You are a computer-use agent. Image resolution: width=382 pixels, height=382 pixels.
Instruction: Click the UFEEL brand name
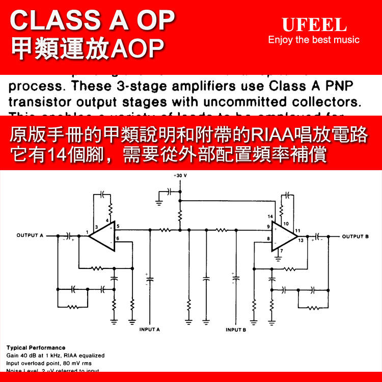[314, 24]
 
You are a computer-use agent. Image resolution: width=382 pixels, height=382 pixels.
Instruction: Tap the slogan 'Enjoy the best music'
[314, 40]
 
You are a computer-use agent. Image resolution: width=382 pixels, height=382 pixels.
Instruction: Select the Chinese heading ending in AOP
[88, 48]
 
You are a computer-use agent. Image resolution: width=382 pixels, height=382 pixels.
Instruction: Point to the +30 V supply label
[180, 175]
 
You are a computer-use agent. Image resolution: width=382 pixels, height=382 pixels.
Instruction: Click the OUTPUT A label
[31, 235]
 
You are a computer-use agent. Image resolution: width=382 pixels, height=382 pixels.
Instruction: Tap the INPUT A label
[150, 330]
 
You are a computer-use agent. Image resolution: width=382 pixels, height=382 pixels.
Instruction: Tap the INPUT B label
[236, 330]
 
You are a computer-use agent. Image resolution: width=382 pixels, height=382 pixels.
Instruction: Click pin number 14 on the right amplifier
[270, 217]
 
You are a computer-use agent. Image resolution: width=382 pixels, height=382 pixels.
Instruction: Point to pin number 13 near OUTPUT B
[301, 240]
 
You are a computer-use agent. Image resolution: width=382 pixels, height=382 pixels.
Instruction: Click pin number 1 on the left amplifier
[87, 232]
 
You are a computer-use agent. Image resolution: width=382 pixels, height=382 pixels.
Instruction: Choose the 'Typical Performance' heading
[36, 348]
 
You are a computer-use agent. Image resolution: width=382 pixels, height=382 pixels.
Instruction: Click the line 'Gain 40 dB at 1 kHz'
[56, 356]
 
